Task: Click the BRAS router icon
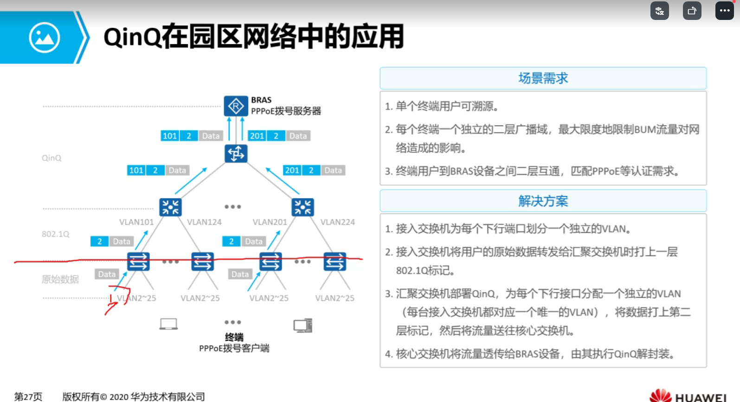236,106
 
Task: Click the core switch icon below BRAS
236,153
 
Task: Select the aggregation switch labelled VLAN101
170,207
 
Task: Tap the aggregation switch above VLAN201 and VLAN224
302,207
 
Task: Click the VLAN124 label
204,222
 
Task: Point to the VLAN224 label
337,222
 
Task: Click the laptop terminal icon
168,324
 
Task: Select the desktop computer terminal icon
303,325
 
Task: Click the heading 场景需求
543,78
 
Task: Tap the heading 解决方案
543,201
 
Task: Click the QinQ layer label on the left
51,158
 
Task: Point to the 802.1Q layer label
56,234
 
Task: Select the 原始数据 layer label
60,279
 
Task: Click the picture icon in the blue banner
44,38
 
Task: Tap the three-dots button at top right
724,11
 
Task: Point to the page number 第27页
28,396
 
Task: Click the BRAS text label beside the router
261,100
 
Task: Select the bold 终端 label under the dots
234,337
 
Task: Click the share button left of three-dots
692,11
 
